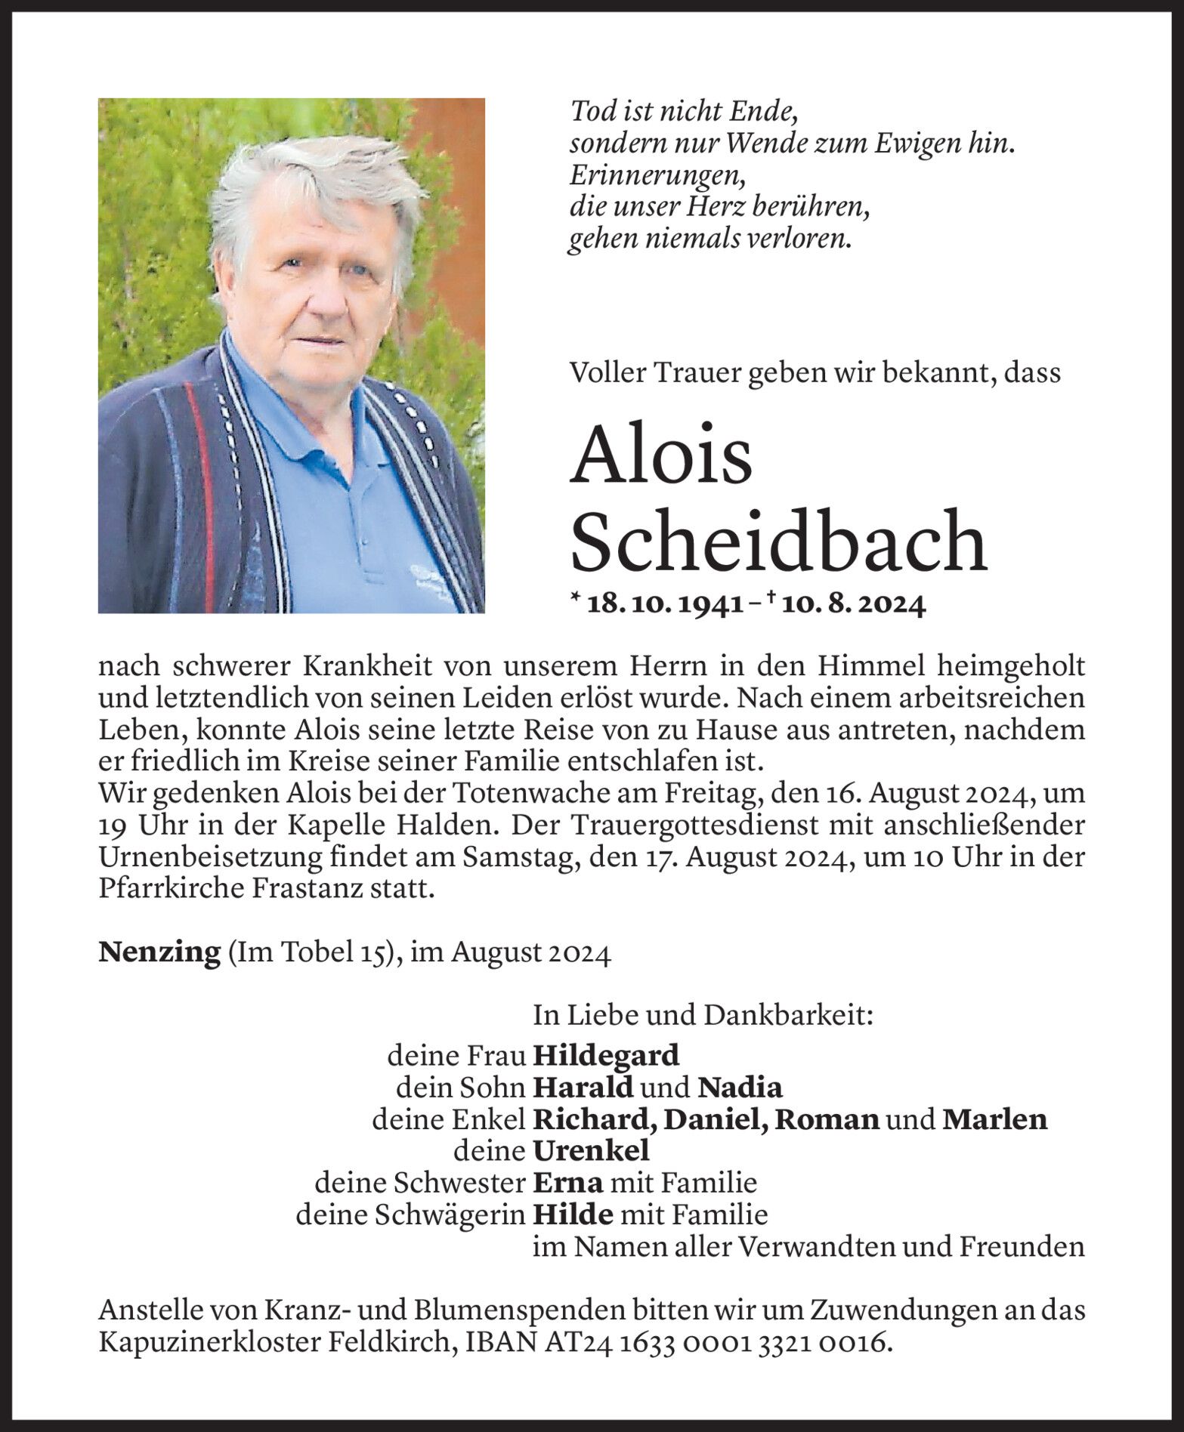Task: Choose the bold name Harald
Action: click(583, 1087)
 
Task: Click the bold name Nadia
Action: click(740, 1087)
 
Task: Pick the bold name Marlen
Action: click(994, 1119)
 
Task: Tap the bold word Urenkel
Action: click(591, 1150)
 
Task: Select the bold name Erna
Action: click(567, 1182)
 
